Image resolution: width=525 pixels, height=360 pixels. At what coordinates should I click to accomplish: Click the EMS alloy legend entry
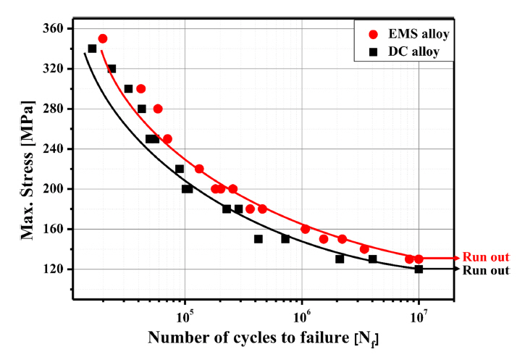(406, 33)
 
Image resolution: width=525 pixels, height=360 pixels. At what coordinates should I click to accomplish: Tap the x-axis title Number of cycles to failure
(264, 338)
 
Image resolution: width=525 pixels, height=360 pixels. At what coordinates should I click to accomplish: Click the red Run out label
(487, 257)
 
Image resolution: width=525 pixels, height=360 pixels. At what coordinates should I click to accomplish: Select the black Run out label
(487, 270)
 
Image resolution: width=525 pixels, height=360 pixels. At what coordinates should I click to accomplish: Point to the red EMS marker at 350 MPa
(103, 39)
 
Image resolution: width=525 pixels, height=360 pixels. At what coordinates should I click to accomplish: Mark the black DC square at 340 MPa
(92, 49)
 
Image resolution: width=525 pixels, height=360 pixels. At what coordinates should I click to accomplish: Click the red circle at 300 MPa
(141, 89)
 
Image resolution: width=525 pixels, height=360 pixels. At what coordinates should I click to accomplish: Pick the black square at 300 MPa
(128, 89)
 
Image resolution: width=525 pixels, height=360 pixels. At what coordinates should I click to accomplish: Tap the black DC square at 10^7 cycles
(419, 269)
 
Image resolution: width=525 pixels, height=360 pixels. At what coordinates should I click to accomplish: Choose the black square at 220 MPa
(179, 169)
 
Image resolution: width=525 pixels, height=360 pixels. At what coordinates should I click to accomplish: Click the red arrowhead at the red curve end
(456, 258)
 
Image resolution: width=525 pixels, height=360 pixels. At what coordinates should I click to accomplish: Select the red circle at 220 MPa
(199, 169)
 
